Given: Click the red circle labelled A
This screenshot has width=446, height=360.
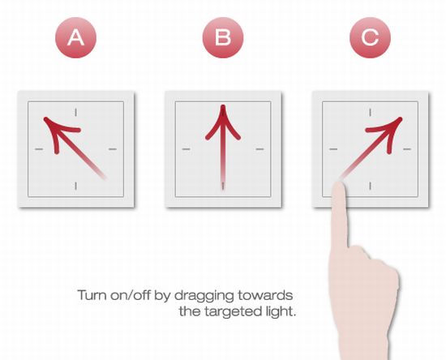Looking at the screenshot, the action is click(x=75, y=37).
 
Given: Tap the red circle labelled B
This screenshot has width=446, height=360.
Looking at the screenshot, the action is click(x=223, y=37).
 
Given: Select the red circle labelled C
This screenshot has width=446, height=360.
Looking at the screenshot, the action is click(x=370, y=37).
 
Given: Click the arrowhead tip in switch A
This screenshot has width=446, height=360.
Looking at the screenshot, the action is click(x=45, y=118).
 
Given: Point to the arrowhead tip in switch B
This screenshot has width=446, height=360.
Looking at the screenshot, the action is click(x=223, y=106).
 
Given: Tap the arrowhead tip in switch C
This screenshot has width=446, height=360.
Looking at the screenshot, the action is click(x=401, y=118).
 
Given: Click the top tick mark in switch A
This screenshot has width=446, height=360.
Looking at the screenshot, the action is click(x=75, y=113).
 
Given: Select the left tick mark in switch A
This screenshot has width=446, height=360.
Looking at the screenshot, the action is click(x=39, y=148).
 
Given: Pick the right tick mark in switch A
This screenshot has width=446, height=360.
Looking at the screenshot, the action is click(x=113, y=148).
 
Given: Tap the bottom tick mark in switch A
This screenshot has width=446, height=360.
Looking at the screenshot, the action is click(x=75, y=186).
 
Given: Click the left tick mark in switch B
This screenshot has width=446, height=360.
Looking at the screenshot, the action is click(x=187, y=148).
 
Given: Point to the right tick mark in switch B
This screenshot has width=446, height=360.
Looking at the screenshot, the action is click(x=259, y=148).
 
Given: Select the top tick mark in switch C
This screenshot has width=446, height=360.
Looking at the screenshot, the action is click(x=370, y=113).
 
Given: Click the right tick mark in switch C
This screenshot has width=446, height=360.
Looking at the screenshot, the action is click(x=407, y=148).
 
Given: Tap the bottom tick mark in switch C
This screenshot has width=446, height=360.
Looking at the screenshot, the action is click(x=370, y=186).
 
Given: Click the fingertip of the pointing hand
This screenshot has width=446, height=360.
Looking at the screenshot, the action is click(x=339, y=184).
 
